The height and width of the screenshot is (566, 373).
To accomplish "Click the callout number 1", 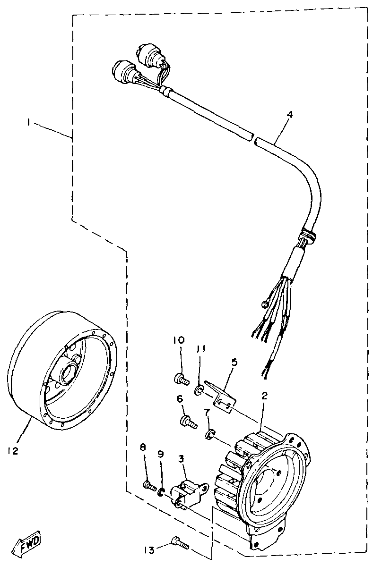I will [x=29, y=122].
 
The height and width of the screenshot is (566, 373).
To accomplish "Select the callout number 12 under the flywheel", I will [x=13, y=451].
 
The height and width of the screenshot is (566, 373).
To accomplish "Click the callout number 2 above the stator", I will [x=264, y=396].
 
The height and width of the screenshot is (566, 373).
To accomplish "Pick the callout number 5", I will [x=234, y=362].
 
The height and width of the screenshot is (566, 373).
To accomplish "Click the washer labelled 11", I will [x=199, y=390].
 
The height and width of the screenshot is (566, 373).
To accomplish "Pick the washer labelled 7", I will [x=208, y=434].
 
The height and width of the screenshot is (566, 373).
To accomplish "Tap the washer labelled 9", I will [x=162, y=493].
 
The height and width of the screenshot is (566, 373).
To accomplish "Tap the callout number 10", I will [x=178, y=340].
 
